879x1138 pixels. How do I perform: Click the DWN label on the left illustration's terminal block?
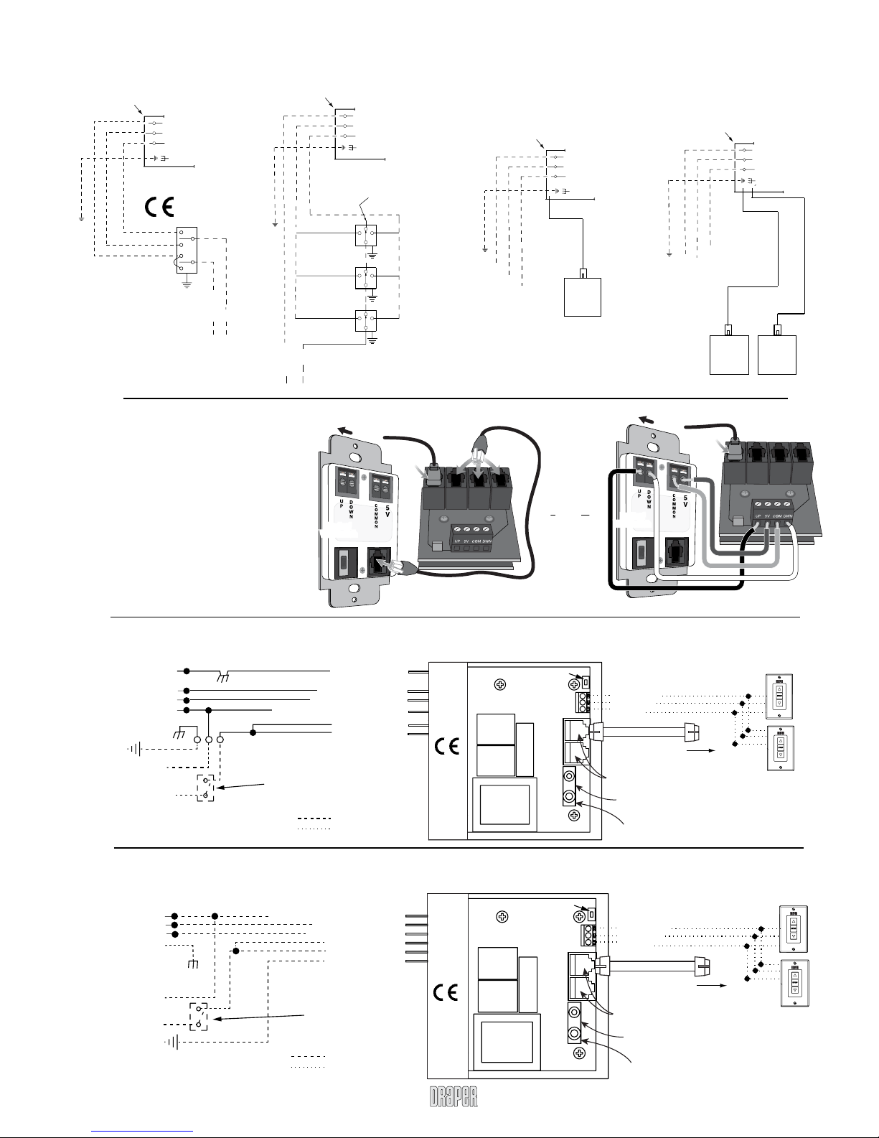tap(487, 540)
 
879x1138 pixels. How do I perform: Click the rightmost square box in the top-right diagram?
tap(777, 354)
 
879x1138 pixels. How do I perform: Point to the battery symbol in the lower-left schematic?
tap(170, 1042)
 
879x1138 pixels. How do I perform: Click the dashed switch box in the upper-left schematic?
tap(205, 787)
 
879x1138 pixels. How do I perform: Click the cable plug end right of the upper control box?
tap(693, 732)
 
